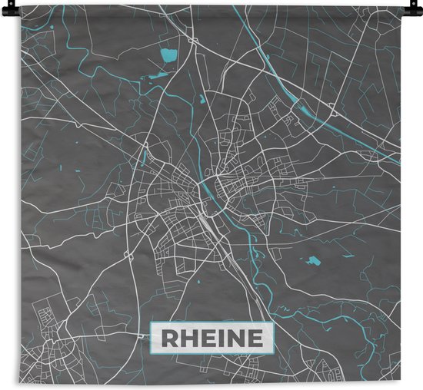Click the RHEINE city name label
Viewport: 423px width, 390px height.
tap(211, 337)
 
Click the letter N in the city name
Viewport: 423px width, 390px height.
tap(232, 338)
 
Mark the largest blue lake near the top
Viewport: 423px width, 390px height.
tap(169, 55)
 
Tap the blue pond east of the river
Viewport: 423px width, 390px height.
tap(312, 260)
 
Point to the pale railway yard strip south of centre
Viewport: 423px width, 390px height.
tap(206, 223)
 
